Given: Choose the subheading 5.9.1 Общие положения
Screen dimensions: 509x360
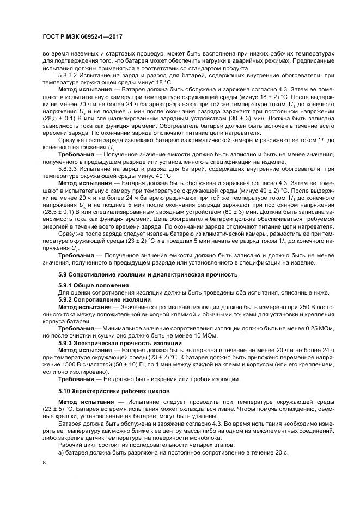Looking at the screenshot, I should [93, 286].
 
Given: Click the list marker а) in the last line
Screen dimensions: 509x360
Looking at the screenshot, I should [60, 452].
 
